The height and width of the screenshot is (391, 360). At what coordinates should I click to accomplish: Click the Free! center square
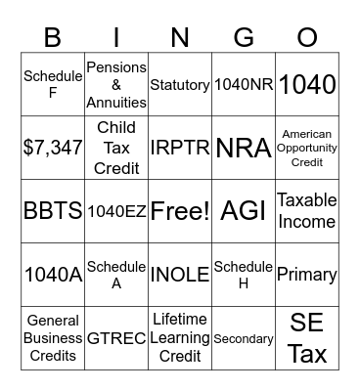[x=180, y=211]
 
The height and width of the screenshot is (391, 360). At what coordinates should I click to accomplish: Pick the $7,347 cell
[x=53, y=149]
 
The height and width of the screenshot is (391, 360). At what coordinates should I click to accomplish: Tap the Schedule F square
[x=53, y=86]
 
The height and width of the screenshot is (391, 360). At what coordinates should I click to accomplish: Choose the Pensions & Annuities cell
[x=116, y=86]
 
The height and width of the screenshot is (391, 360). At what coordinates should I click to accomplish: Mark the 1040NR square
[x=244, y=86]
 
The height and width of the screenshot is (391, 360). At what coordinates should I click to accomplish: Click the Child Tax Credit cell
[x=116, y=149]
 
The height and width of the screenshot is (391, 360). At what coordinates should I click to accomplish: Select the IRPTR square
[x=180, y=149]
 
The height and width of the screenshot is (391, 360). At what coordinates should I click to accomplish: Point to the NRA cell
[x=244, y=149]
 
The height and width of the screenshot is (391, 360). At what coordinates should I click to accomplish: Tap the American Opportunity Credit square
[x=307, y=149]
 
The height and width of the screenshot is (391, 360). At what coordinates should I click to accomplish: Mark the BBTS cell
[x=53, y=211]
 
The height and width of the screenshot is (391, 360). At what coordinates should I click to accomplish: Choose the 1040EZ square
[x=116, y=211]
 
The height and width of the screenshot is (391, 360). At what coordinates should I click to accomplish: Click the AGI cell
[x=244, y=211]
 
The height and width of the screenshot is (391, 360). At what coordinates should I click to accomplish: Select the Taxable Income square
[x=307, y=211]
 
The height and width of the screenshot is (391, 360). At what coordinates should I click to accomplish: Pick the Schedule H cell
[x=244, y=275]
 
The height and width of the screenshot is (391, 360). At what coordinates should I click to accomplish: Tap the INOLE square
[x=180, y=275]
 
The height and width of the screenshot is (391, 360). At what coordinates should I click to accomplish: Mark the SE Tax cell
[x=307, y=338]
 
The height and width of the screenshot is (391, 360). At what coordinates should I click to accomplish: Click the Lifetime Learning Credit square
[x=180, y=338]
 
